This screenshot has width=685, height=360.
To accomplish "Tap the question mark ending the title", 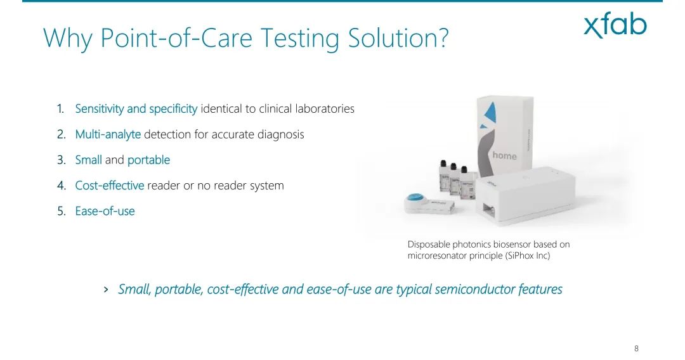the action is pos(443,37).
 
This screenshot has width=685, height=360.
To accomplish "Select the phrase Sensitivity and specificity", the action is pos(136,108).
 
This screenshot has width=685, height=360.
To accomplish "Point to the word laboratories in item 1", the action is pos(325,108).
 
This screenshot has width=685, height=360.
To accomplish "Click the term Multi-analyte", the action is pos(108,134).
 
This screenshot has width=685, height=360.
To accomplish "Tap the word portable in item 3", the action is pos(148,160).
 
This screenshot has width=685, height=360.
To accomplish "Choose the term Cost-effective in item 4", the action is pos(110,186).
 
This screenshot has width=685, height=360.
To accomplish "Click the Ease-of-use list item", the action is pos(105,211).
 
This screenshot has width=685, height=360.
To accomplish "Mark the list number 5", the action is pos(61,211).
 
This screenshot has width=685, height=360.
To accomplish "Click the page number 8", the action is pos(636,348).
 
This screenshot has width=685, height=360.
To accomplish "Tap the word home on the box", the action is pos(505,155).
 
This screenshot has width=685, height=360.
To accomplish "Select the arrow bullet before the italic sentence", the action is pos(106,289).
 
